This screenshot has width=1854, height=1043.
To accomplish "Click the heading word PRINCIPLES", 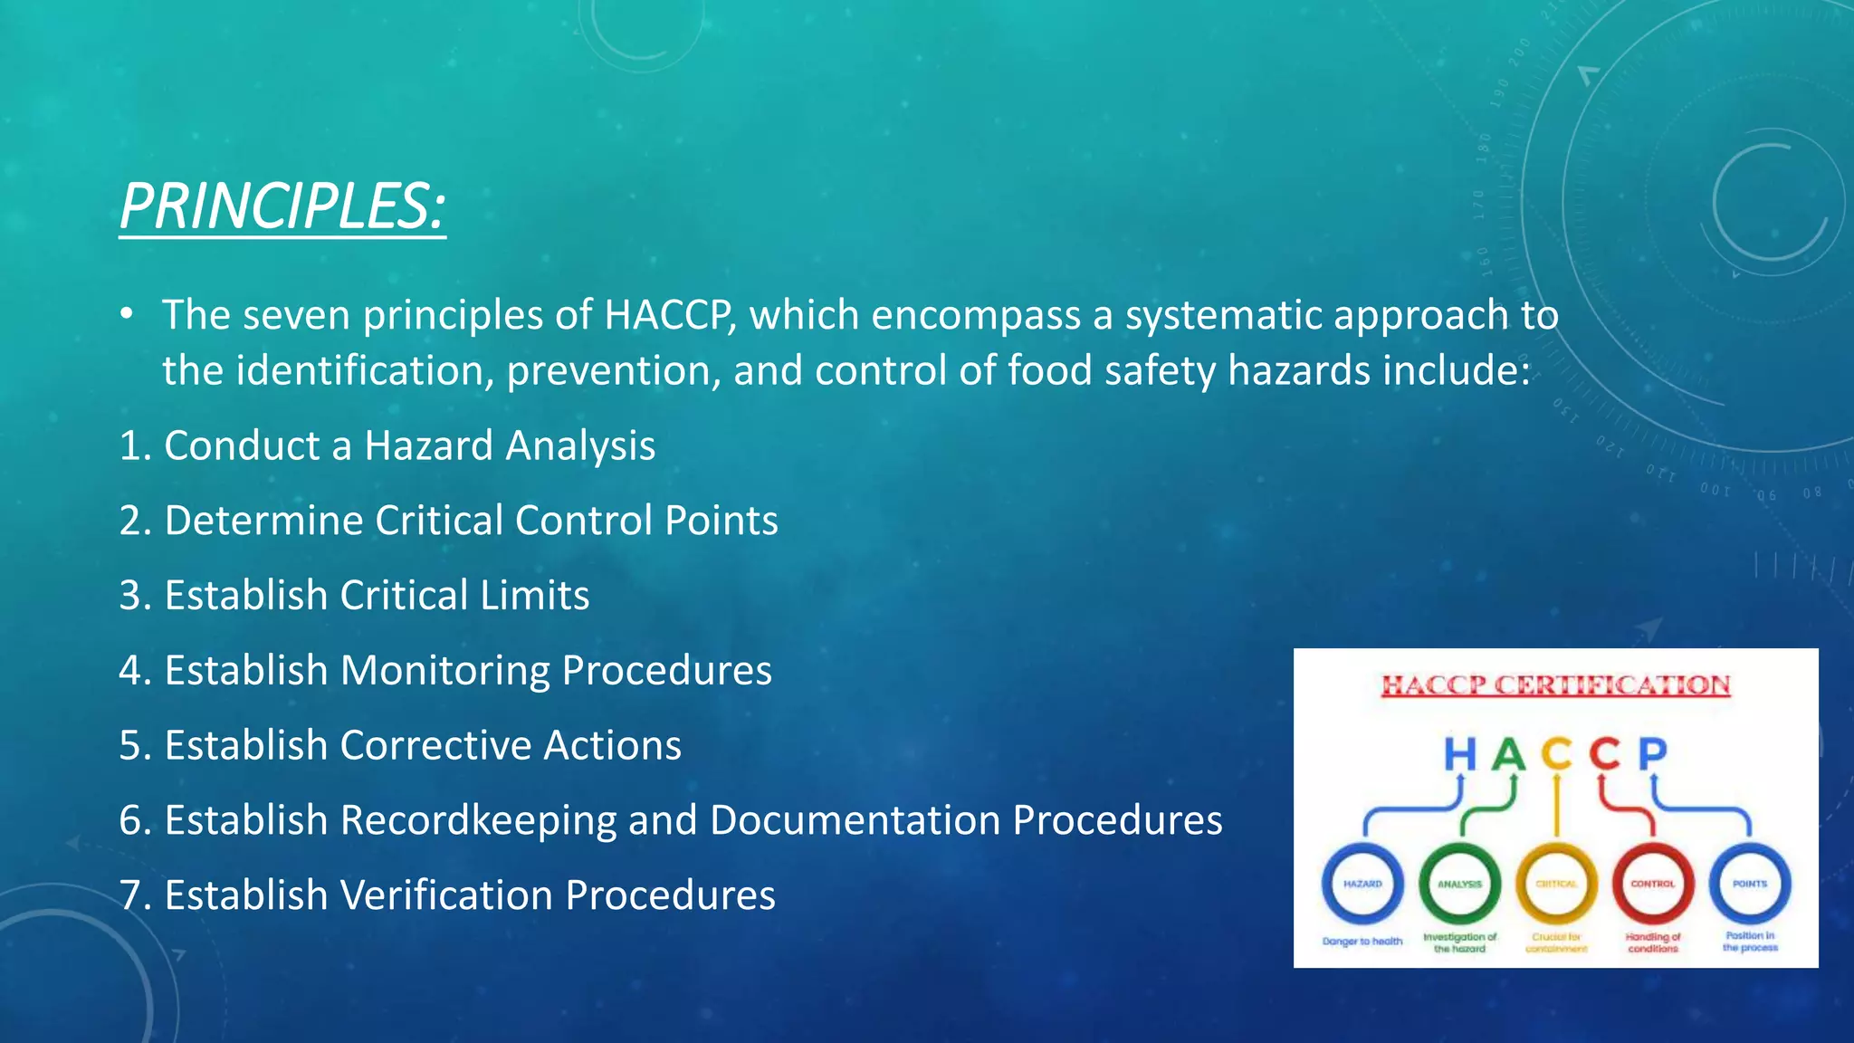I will click(x=282, y=206).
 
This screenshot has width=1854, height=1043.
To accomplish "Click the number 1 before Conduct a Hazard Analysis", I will click(x=129, y=446).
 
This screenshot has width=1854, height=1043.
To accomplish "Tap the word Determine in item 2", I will click(x=263, y=521).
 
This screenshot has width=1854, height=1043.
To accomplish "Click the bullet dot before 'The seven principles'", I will click(x=128, y=314).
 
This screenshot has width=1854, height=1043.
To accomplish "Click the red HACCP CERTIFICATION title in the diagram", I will click(x=1555, y=685).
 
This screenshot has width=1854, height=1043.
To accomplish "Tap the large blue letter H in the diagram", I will click(x=1459, y=753).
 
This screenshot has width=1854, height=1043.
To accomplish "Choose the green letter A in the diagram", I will click(x=1508, y=753).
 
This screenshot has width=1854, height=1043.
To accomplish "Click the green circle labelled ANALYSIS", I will click(x=1459, y=884).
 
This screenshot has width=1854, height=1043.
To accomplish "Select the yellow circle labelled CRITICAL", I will click(x=1556, y=884).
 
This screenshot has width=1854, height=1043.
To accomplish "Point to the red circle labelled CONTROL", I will click(x=1653, y=884).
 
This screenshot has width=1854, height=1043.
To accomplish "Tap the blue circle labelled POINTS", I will click(x=1749, y=884).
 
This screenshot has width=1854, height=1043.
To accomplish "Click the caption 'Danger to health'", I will click(x=1362, y=942).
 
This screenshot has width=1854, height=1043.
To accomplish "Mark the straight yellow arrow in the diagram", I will click(x=1556, y=804).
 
